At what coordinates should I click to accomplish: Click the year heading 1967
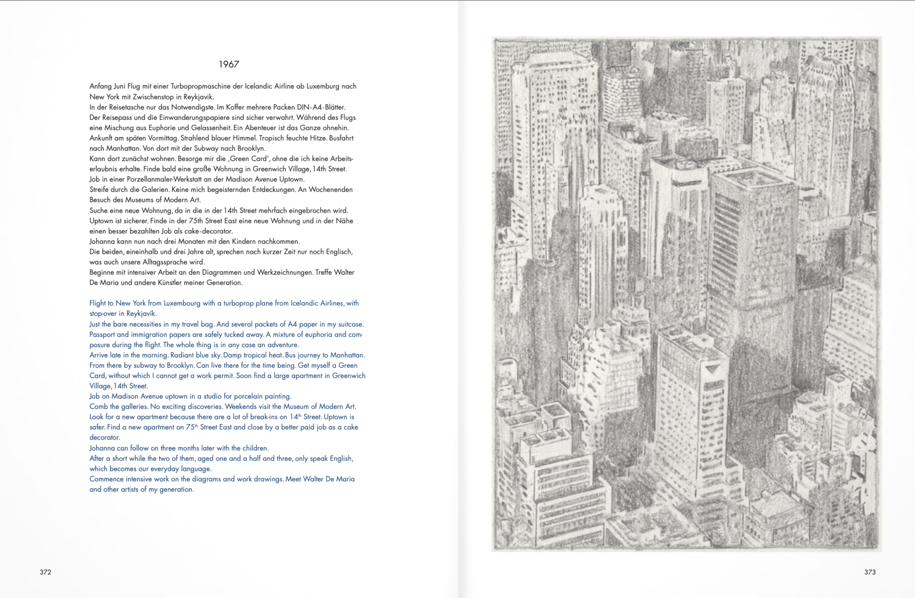[x=229, y=64]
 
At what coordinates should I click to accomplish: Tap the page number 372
[x=45, y=572]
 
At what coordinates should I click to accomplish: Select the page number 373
[x=870, y=572]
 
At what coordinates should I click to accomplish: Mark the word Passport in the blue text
[x=102, y=335]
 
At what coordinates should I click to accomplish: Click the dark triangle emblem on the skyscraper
[x=712, y=368]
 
